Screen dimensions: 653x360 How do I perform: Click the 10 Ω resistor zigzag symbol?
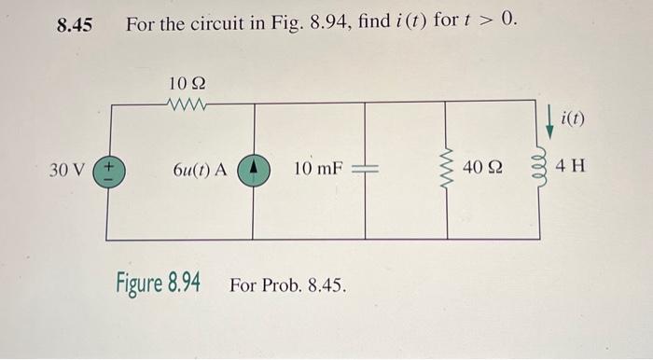tap(188, 104)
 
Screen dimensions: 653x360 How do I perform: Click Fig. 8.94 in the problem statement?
tap(317, 23)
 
